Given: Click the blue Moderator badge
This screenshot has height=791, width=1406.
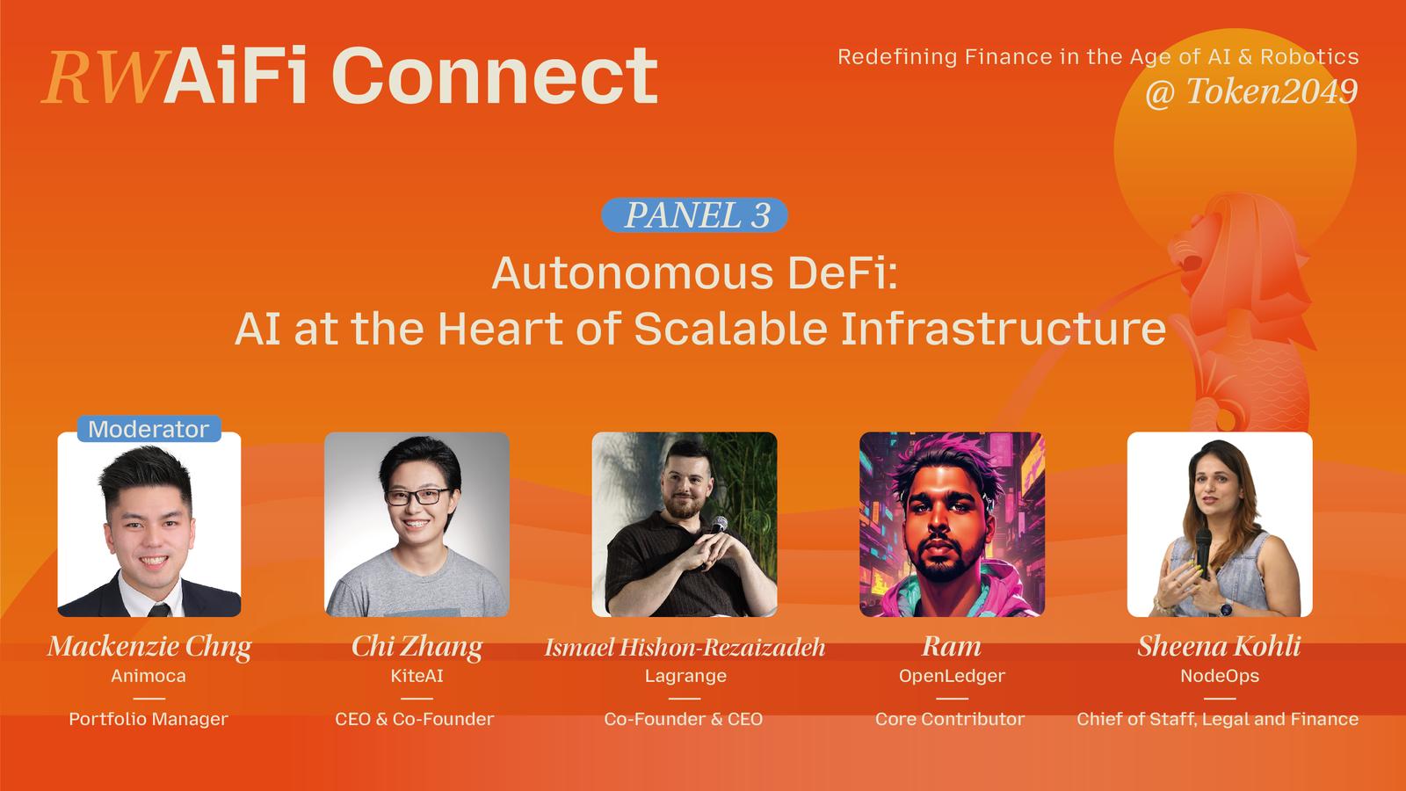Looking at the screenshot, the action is pyautogui.click(x=149, y=429).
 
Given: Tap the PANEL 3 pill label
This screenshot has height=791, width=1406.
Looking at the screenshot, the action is pyautogui.click(x=694, y=215).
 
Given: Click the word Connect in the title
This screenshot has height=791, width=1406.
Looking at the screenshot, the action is pyautogui.click(x=495, y=76).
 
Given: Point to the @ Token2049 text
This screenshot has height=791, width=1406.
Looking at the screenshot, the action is pyautogui.click(x=1251, y=91).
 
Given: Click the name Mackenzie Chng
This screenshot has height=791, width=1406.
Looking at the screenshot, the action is pyautogui.click(x=149, y=647).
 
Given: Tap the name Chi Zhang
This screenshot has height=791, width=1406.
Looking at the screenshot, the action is pyautogui.click(x=417, y=647).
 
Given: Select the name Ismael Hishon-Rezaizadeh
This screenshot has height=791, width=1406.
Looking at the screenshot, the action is pyautogui.click(x=685, y=647).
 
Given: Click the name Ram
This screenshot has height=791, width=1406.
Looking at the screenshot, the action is pyautogui.click(x=952, y=647).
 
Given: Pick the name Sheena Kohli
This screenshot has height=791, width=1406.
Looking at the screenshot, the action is pyautogui.click(x=1219, y=646).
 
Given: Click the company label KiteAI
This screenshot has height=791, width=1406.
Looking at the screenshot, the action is pyautogui.click(x=417, y=676).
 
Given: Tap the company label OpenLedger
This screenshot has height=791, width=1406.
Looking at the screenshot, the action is pyautogui.click(x=952, y=676).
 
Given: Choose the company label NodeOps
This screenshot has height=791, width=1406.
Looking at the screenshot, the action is pyautogui.click(x=1220, y=676).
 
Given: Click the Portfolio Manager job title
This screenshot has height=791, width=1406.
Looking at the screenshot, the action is pyautogui.click(x=149, y=719).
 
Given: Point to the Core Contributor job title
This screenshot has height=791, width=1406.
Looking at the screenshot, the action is pyautogui.click(x=950, y=719).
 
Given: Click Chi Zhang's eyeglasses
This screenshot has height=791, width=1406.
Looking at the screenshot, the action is pyautogui.click(x=417, y=497).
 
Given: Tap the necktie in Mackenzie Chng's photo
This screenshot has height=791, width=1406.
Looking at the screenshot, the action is pyautogui.click(x=159, y=609).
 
